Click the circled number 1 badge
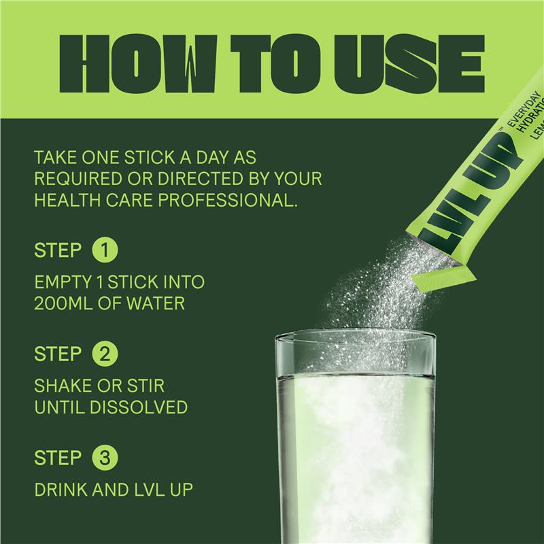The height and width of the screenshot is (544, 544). (x=105, y=250)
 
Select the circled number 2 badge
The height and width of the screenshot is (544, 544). (x=105, y=354)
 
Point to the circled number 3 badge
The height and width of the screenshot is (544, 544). (x=105, y=458)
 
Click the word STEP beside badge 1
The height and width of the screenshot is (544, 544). (x=58, y=250)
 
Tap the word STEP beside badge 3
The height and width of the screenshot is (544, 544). (x=58, y=458)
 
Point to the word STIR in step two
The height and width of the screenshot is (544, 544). (x=146, y=386)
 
